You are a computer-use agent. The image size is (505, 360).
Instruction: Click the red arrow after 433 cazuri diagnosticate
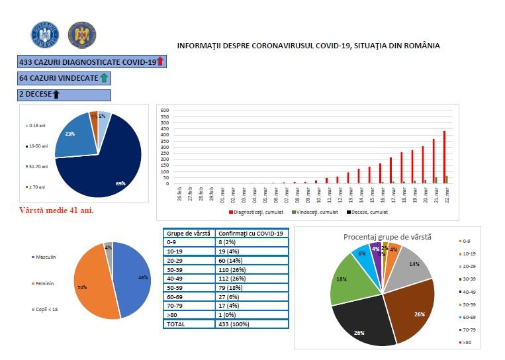click(x=160, y=62)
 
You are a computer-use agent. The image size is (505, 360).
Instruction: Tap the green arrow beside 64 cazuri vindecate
click(x=103, y=78)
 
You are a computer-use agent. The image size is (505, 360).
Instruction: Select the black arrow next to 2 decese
click(x=56, y=95)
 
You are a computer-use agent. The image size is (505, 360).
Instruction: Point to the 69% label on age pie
click(x=120, y=183)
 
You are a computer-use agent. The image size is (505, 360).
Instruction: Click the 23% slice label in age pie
click(x=70, y=134)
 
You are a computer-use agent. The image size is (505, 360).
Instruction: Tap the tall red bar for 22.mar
click(x=444, y=157)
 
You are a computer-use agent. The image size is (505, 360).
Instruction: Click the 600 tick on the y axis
click(x=165, y=111)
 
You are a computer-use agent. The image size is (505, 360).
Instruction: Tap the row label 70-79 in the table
click(x=175, y=306)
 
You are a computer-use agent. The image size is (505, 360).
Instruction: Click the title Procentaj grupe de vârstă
click(x=388, y=236)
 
